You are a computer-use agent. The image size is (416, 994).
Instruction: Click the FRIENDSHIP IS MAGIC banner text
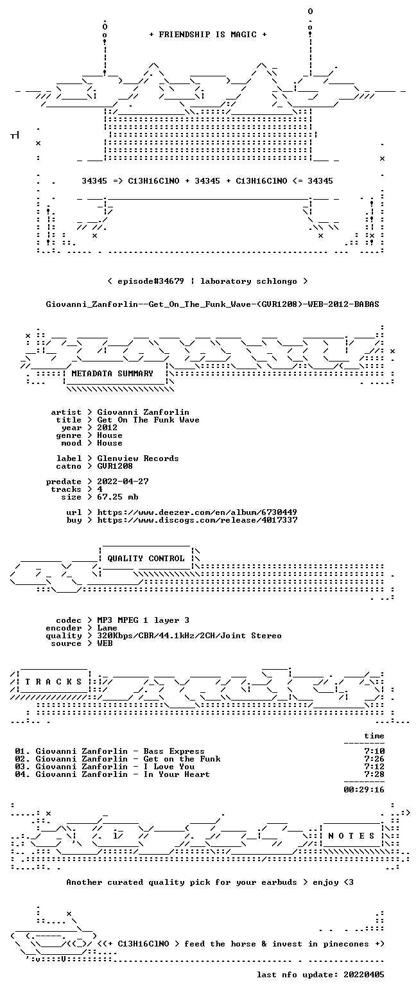coord(208,35)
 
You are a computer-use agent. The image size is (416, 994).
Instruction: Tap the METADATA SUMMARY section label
coord(112,374)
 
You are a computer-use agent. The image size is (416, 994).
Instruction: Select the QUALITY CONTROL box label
coord(146,559)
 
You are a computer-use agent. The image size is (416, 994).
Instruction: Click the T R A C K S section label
coord(54,682)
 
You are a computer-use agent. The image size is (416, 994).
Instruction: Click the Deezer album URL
coord(197,512)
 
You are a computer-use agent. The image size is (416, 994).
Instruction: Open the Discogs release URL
coord(197,520)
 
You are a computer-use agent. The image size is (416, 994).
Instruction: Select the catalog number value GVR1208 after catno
coord(115,466)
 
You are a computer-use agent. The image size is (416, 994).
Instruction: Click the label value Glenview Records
coord(138,458)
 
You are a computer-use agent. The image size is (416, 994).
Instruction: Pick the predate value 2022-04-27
coord(123,482)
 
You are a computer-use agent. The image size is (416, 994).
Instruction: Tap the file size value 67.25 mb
coord(117,497)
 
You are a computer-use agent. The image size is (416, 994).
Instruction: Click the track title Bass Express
coord(174,751)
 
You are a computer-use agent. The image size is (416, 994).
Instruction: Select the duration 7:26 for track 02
coord(374,759)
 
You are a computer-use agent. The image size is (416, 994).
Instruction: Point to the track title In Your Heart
coord(177,774)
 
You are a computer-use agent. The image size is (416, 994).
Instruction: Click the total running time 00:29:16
coord(363,790)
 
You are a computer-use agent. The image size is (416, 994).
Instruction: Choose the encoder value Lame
coord(107,628)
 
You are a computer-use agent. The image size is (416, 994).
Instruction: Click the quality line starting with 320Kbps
coord(189,636)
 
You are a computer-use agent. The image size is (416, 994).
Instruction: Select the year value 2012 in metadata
coord(107,428)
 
